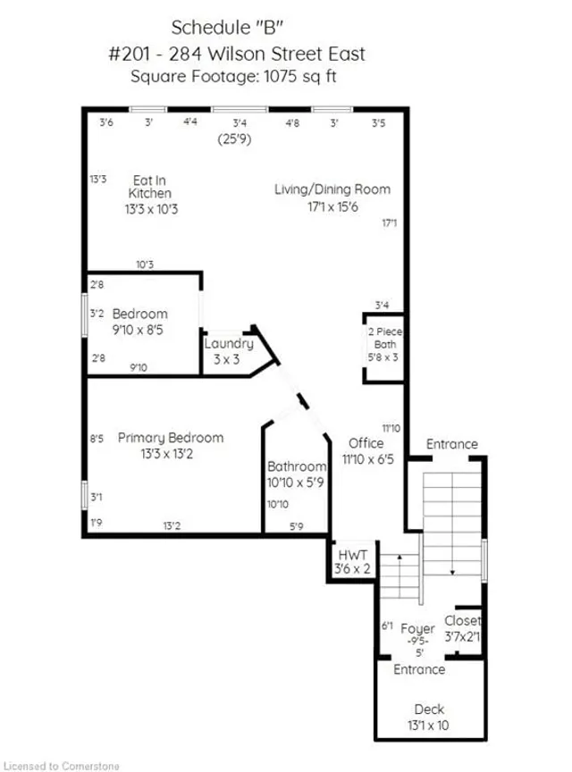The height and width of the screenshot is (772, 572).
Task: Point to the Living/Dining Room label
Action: [x=332, y=197]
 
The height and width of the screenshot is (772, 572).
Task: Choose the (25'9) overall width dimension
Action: [x=240, y=139]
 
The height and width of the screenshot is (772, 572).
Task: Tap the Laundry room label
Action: [x=229, y=350]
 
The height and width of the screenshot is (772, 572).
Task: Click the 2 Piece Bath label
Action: [x=385, y=345]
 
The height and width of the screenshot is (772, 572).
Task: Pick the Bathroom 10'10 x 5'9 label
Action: [x=297, y=474]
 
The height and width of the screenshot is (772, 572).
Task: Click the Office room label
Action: [x=366, y=450]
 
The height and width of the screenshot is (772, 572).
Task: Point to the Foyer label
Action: [x=417, y=635]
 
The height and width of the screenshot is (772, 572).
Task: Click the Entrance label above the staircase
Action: [x=451, y=444]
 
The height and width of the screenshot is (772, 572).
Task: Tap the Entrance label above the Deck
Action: [x=419, y=669]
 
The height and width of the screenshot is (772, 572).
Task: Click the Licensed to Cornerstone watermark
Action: [x=62, y=765]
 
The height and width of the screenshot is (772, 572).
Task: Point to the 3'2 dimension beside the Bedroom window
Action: [x=98, y=314]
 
